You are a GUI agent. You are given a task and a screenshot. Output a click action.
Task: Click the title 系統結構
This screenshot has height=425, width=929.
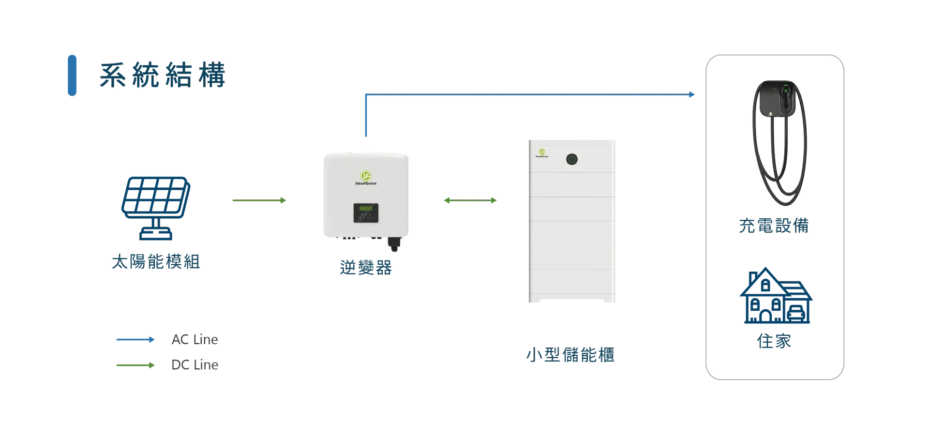click(x=163, y=75)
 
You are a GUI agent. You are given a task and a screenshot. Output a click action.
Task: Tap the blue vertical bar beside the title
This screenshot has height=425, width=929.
click(x=72, y=75)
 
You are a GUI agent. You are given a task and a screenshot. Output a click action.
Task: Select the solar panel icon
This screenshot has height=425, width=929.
click(x=156, y=208)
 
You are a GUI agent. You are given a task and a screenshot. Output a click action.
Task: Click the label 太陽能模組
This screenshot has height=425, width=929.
click(x=156, y=261)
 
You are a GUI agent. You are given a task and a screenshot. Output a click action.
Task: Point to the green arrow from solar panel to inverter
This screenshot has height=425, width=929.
click(x=259, y=200)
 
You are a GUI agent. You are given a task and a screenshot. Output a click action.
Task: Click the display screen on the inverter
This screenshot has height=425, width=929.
click(x=366, y=213)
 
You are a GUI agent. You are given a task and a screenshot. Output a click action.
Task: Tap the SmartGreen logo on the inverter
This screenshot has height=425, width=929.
click(x=366, y=178)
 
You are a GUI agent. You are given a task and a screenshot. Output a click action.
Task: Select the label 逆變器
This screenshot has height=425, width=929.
click(x=366, y=267)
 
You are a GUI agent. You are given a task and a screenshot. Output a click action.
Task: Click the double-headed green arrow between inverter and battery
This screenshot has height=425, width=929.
click(x=470, y=200)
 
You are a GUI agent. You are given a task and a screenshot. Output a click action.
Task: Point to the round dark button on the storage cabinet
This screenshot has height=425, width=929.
click(x=572, y=159)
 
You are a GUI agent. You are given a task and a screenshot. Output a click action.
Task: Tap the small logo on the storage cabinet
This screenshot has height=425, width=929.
click(x=542, y=153)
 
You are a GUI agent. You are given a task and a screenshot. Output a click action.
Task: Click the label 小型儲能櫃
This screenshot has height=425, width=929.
click(x=570, y=355)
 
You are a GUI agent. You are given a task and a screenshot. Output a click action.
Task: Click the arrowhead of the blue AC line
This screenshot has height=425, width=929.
click(x=692, y=94)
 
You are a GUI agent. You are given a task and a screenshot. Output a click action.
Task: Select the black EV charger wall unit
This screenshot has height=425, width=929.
click(x=778, y=99)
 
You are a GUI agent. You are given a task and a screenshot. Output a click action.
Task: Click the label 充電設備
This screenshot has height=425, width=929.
click(x=774, y=226)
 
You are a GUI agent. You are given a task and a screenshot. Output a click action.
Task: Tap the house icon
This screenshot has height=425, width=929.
click(x=776, y=295)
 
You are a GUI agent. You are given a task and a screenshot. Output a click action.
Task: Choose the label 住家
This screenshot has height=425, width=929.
click(x=774, y=341)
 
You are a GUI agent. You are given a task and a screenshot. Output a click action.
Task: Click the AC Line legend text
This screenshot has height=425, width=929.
click(x=195, y=339)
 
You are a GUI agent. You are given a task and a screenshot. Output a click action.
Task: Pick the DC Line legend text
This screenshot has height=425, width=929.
click(x=195, y=364)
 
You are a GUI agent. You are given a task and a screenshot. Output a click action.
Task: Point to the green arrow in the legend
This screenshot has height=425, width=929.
click(x=135, y=365)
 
